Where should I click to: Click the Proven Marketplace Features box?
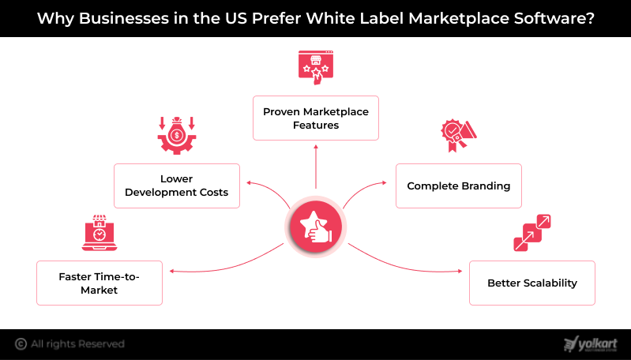point(316,118)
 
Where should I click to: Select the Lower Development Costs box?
point(177,186)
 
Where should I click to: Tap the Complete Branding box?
point(459,186)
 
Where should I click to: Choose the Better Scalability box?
point(532,283)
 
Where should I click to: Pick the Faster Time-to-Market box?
point(100,283)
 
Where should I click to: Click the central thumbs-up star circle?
point(316,227)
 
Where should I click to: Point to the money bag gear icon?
point(177,136)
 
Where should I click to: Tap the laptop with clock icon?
point(100,233)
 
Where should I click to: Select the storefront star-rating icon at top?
point(316,68)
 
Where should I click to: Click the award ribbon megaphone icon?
point(459,136)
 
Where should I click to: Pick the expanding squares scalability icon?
point(532,233)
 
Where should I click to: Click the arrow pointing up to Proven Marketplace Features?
point(316,167)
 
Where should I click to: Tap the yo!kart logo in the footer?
point(591,344)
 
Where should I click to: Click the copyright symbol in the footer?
point(21,344)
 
